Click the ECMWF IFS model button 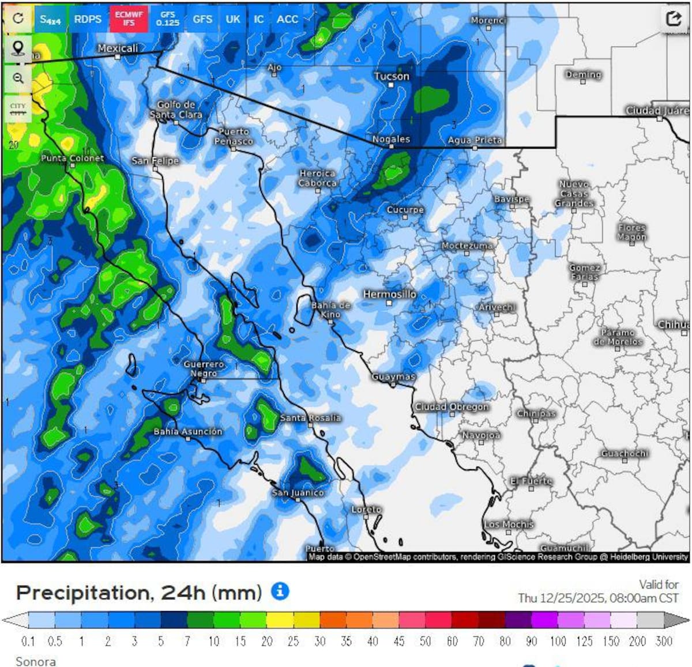(x=129, y=19)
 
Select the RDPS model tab (x=88, y=19)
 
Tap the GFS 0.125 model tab (x=167, y=19)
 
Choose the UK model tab (x=233, y=19)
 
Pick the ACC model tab (x=287, y=19)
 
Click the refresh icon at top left (x=18, y=18)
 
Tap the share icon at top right (x=674, y=18)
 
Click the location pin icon (x=18, y=49)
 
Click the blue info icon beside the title (x=280, y=591)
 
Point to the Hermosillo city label (x=389, y=294)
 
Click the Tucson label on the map (x=392, y=76)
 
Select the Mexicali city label (x=118, y=48)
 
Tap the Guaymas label (x=393, y=376)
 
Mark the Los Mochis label (x=509, y=524)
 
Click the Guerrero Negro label (x=204, y=369)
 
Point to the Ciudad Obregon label (x=452, y=406)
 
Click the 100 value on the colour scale (x=558, y=641)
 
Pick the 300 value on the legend (x=664, y=641)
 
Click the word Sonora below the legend (x=36, y=661)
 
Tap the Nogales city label (x=391, y=139)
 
